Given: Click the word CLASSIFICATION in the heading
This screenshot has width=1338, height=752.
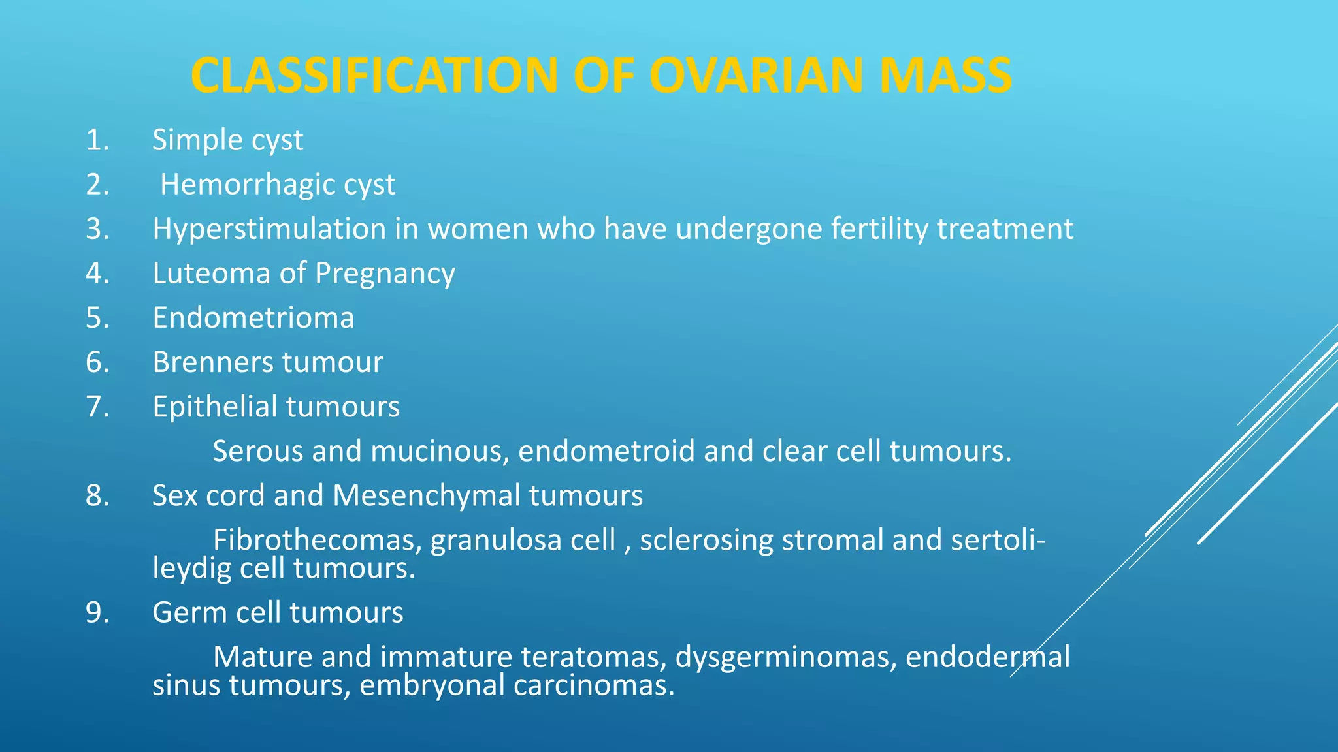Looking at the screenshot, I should coord(374,76).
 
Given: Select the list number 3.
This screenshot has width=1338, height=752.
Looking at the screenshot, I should coord(97,229).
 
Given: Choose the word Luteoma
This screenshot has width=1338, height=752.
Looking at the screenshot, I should coord(211,274).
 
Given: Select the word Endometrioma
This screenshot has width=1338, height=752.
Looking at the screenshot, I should coord(253,318).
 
